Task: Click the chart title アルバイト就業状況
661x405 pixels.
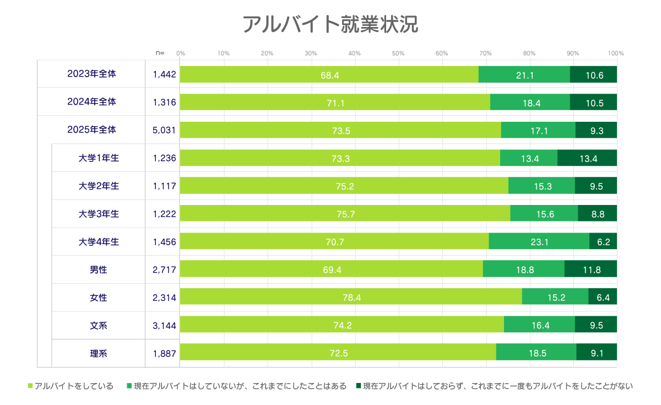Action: pyautogui.click(x=330, y=25)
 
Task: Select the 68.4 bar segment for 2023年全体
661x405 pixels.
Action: pyautogui.click(x=329, y=74)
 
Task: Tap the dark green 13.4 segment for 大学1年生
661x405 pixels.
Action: pyautogui.click(x=587, y=158)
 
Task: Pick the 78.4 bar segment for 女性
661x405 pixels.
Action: pyautogui.click(x=351, y=298)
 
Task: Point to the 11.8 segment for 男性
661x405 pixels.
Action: pyautogui.click(x=590, y=269)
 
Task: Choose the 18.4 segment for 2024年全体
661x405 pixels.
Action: pyautogui.click(x=530, y=102)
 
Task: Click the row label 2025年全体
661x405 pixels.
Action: pyautogui.click(x=91, y=130)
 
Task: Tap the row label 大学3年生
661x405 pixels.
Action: pyautogui.click(x=99, y=214)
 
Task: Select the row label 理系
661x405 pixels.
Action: pyautogui.click(x=99, y=353)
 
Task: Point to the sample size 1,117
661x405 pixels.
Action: pyautogui.click(x=164, y=186)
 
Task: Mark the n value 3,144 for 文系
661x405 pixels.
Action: pyautogui.click(x=164, y=326)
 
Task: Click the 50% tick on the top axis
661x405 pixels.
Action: pyautogui.click(x=398, y=53)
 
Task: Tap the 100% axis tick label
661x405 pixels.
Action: pyautogui.click(x=615, y=53)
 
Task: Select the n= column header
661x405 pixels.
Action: pyautogui.click(x=160, y=53)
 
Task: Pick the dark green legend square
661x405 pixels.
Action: pyautogui.click(x=359, y=386)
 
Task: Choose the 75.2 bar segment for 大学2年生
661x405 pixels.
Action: pyautogui.click(x=344, y=186)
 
